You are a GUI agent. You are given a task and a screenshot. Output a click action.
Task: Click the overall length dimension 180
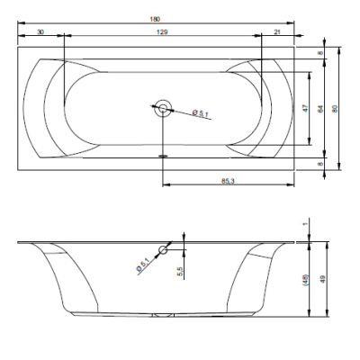coord(155,19)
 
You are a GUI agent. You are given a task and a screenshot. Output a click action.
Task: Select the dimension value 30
coord(40,31)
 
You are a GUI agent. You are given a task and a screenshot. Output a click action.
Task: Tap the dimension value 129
coord(162,31)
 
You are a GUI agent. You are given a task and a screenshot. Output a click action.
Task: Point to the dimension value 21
coord(277,31)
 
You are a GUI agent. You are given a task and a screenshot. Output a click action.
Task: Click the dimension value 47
coord(305,108)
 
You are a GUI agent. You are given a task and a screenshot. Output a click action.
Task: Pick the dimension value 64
coord(320,109)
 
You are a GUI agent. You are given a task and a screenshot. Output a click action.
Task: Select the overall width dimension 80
coord(336,109)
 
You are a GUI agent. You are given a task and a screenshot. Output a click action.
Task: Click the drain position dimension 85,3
coord(228,181)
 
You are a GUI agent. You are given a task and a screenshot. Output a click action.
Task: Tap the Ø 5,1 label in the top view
coord(201,113)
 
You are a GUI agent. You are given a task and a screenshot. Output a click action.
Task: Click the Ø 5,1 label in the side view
coord(143,265)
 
